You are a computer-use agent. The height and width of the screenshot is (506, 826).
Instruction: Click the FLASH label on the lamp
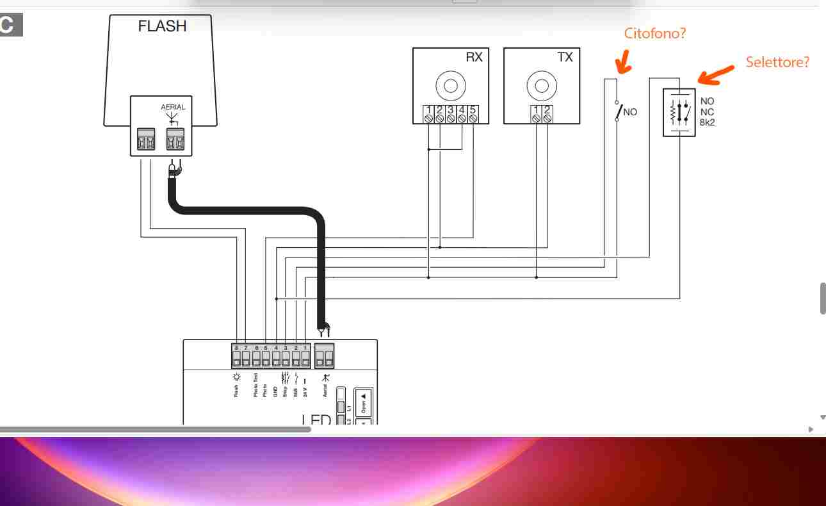[x=162, y=26]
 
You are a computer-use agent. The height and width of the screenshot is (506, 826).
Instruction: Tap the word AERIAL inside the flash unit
[x=173, y=107]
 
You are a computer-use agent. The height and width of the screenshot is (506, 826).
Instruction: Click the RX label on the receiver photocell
[x=474, y=57]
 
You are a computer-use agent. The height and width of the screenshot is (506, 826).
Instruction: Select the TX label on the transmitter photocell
[x=565, y=57]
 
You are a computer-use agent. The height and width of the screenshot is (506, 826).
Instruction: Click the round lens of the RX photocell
[x=450, y=85]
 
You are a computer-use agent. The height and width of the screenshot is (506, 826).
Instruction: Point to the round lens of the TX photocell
[x=541, y=85]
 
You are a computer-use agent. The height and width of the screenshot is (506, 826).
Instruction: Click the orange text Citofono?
[x=654, y=33]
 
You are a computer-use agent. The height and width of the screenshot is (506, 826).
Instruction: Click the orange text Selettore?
[x=777, y=62]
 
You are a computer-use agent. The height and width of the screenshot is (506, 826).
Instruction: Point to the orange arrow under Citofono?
[x=623, y=62]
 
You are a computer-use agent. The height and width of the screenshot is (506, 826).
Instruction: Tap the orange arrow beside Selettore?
[x=716, y=74]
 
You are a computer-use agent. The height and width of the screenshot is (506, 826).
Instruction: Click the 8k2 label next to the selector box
[x=707, y=122]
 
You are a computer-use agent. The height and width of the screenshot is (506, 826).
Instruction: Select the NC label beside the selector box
[x=707, y=111]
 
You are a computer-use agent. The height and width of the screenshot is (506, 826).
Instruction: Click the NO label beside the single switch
[x=630, y=112]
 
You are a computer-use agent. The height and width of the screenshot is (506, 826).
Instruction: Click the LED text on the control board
[x=317, y=421]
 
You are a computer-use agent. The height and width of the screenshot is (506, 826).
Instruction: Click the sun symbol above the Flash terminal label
[x=236, y=376]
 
